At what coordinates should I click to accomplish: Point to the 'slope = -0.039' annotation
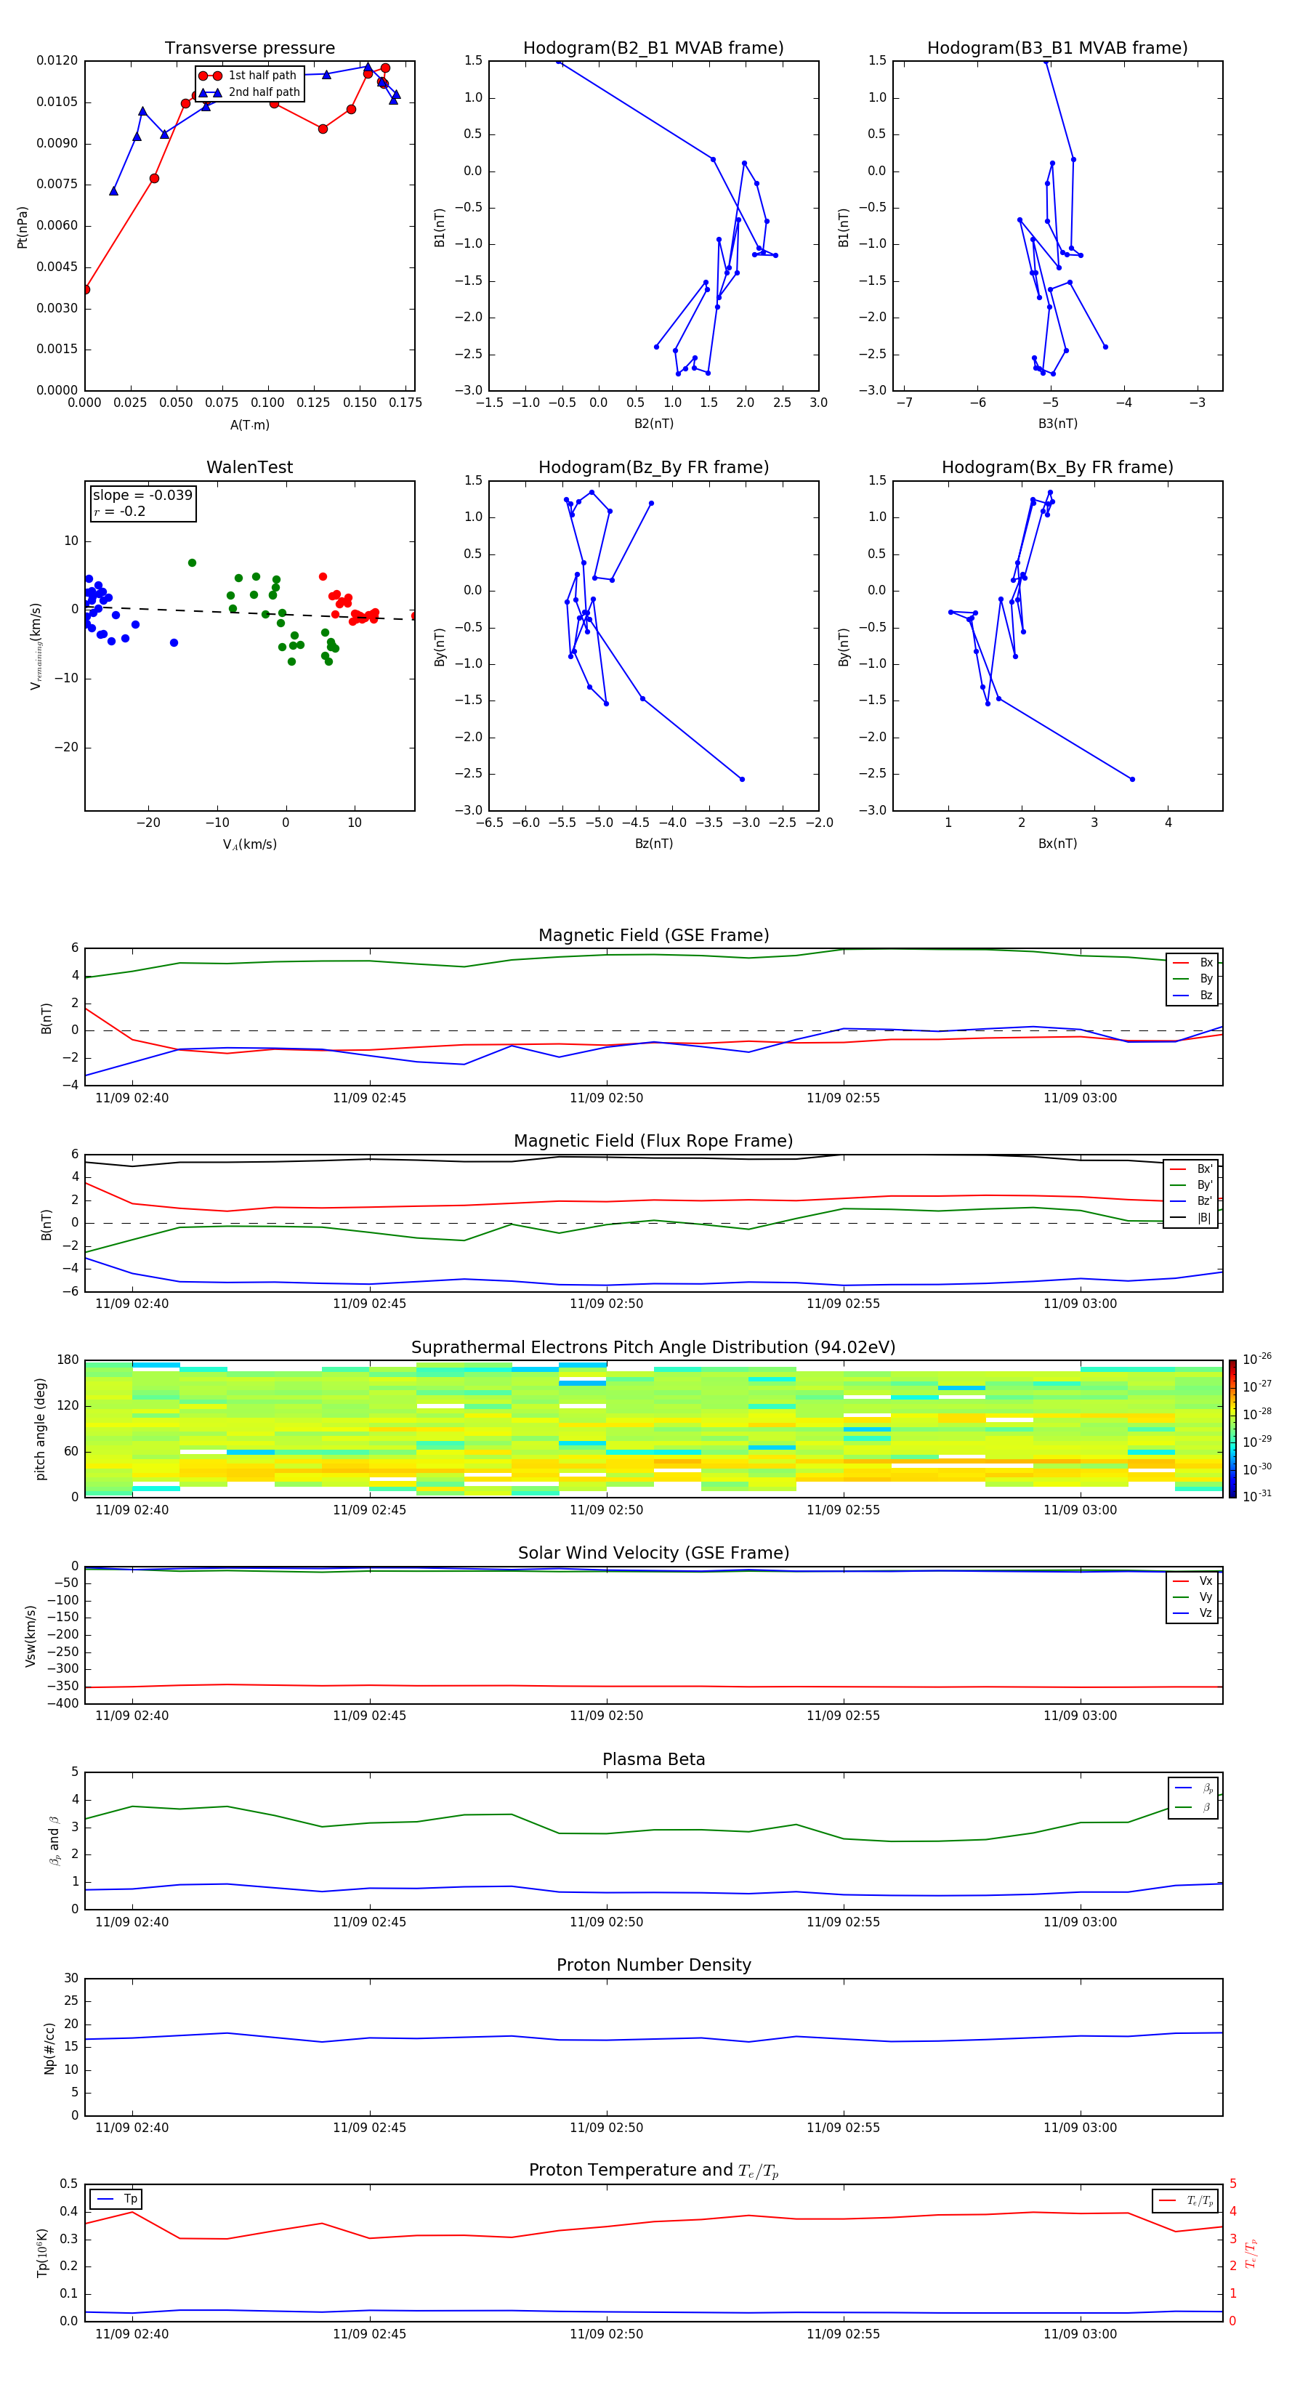(x=142, y=496)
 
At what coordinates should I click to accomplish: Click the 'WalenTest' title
(x=249, y=467)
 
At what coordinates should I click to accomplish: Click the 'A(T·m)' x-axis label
(x=249, y=425)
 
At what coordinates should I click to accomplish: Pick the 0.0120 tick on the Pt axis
(x=57, y=60)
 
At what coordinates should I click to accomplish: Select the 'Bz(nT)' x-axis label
(x=653, y=844)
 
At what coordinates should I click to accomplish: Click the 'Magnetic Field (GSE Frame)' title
(x=653, y=935)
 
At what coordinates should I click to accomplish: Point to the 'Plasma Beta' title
(x=653, y=1759)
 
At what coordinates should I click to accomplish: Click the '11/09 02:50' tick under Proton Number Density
(x=606, y=2127)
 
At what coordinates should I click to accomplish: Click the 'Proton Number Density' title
(x=653, y=1965)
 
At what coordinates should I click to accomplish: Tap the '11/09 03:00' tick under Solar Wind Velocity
(x=1080, y=1716)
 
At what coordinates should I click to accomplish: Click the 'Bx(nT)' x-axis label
(x=1057, y=844)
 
